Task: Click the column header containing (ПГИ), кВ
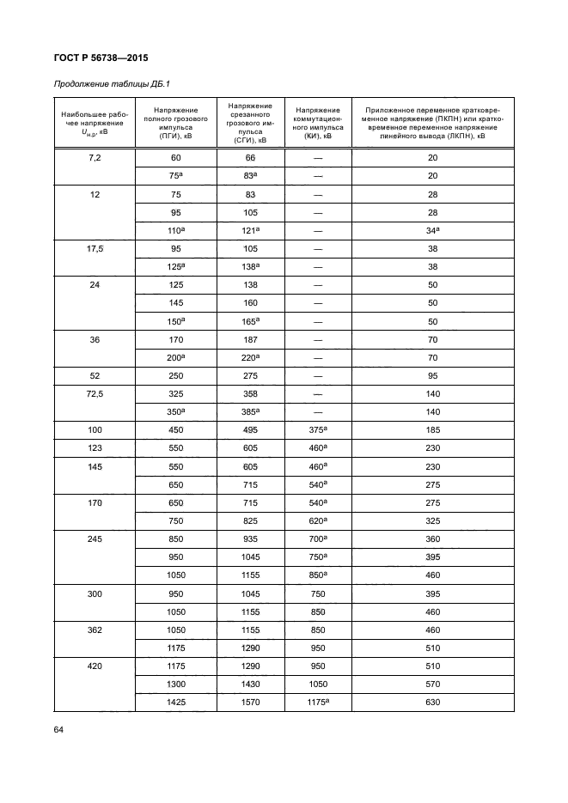point(175,123)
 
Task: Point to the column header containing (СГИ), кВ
point(250,123)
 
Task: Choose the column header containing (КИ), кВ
point(317,123)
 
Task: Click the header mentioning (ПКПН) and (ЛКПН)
point(432,123)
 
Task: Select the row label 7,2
point(95,158)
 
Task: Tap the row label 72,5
point(95,394)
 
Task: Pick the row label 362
point(95,629)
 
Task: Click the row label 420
point(95,666)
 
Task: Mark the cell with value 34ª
point(433,231)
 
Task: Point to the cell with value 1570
point(250,703)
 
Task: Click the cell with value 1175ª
point(317,703)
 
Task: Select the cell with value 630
point(433,703)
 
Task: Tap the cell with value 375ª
point(317,430)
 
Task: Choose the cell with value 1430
point(250,684)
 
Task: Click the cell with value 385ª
point(250,412)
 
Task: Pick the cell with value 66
point(250,158)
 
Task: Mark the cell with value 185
point(433,430)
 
